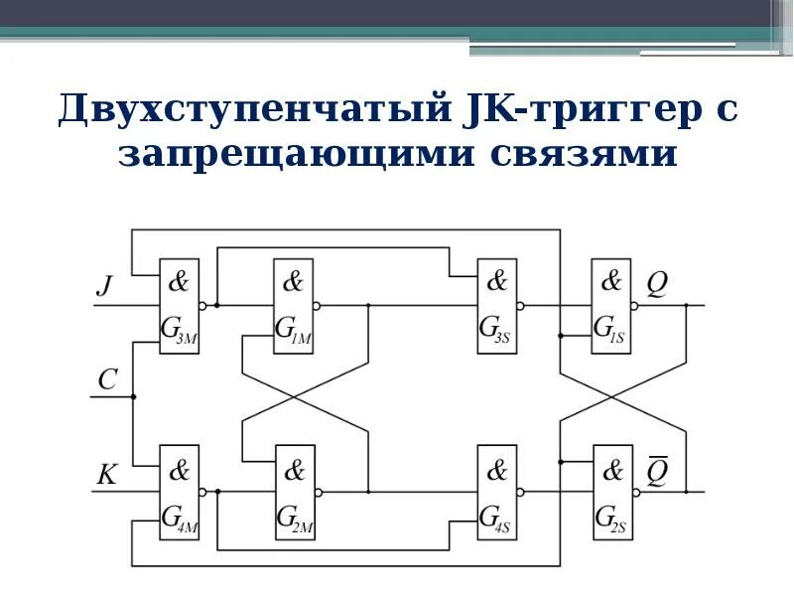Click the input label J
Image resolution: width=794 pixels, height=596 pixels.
click(x=104, y=287)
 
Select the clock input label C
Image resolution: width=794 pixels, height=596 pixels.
click(x=108, y=378)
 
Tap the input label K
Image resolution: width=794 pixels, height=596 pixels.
click(x=106, y=474)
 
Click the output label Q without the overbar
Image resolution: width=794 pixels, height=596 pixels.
click(x=657, y=285)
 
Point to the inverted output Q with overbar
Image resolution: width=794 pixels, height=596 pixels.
click(x=657, y=471)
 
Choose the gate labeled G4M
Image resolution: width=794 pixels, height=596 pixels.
click(x=180, y=492)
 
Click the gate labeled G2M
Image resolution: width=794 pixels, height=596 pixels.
click(x=295, y=492)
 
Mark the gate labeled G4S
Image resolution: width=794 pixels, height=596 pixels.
click(x=496, y=492)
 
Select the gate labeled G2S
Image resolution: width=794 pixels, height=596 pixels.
click(x=611, y=492)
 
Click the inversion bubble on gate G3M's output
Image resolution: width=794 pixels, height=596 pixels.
click(x=203, y=306)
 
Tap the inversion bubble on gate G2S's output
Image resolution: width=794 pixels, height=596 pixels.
click(x=635, y=492)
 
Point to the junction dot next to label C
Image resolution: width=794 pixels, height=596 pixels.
click(x=132, y=397)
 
